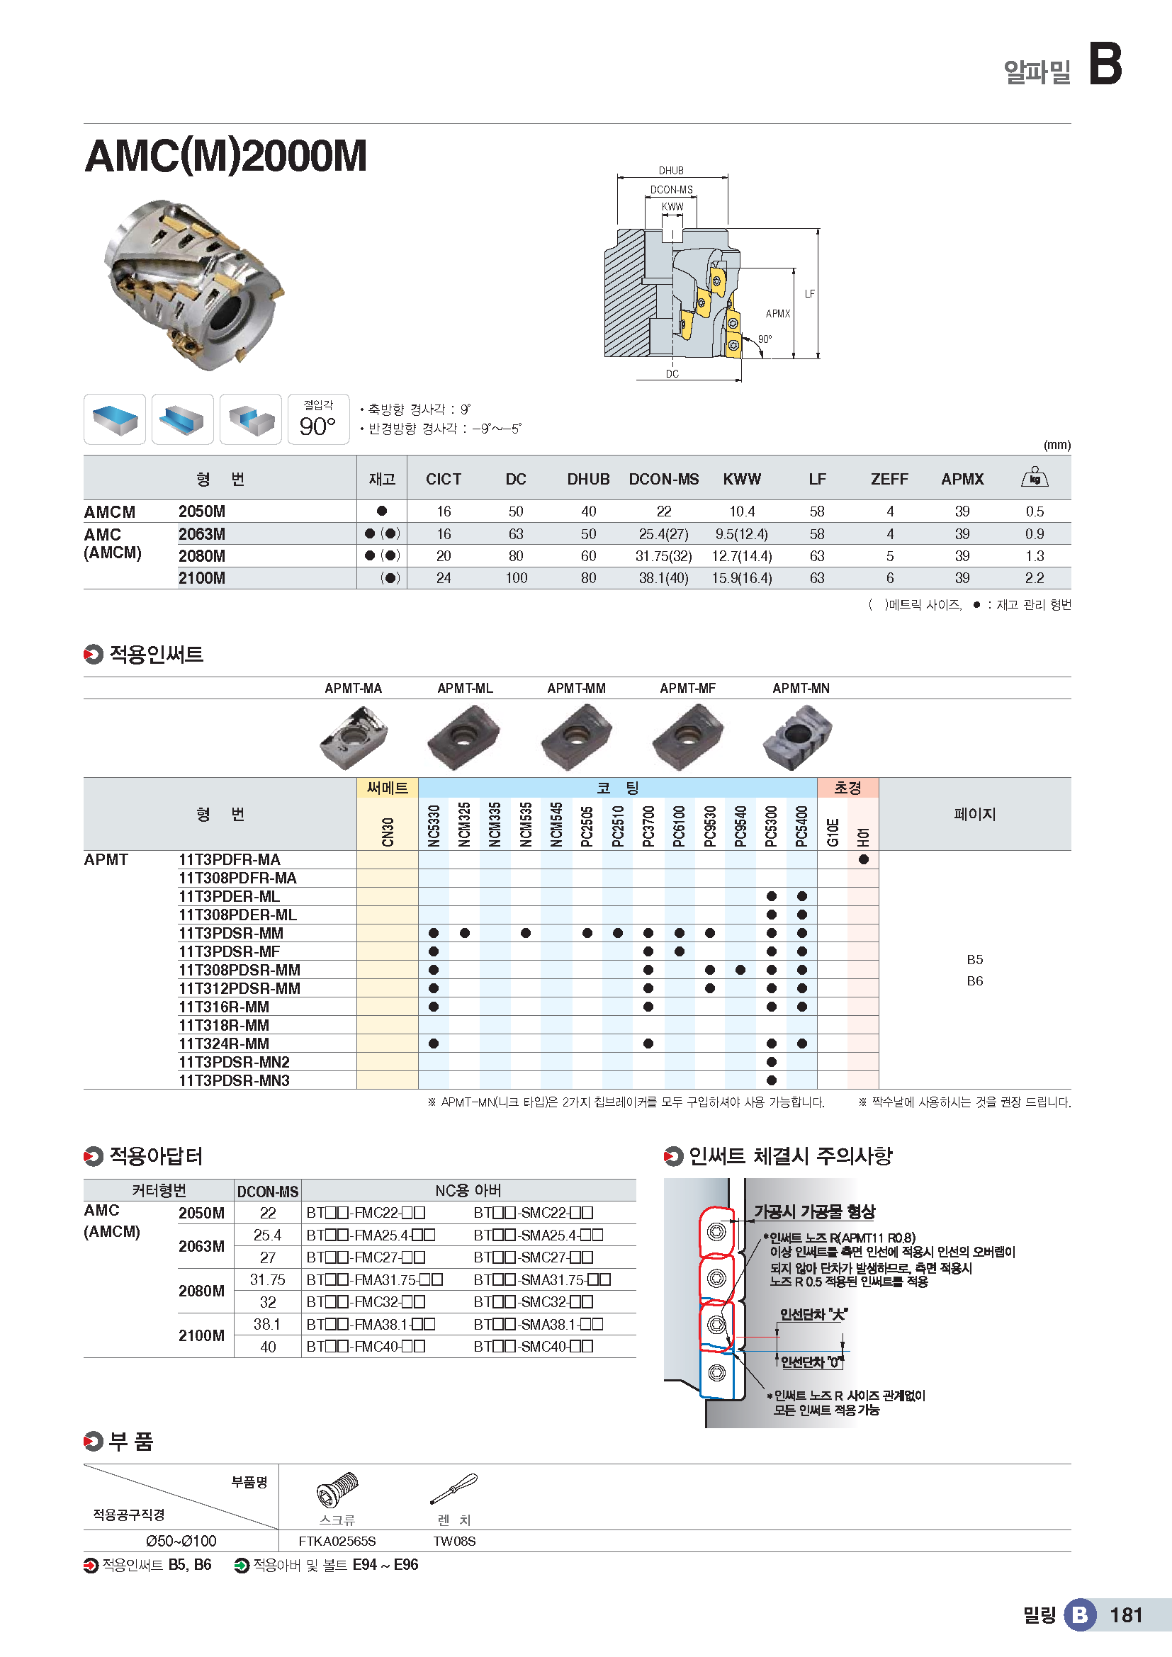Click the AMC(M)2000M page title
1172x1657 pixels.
pyautogui.click(x=226, y=156)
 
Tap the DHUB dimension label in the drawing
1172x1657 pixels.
pyautogui.click(x=670, y=170)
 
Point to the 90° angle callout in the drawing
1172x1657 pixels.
pyautogui.click(x=765, y=339)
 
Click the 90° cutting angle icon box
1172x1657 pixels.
pyautogui.click(x=318, y=419)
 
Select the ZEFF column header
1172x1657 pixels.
pyautogui.click(x=889, y=479)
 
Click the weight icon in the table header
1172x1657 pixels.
pyautogui.click(x=1034, y=477)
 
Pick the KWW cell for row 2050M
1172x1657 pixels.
pyautogui.click(x=741, y=511)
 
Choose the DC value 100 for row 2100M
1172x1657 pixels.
pyautogui.click(x=516, y=578)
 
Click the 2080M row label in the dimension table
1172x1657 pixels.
pyautogui.click(x=202, y=556)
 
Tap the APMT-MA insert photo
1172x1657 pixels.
pyautogui.click(x=354, y=736)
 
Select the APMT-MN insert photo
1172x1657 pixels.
pyautogui.click(x=797, y=736)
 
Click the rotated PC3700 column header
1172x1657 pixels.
pyautogui.click(x=648, y=825)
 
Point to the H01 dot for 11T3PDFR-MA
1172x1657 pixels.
pyautogui.click(x=863, y=859)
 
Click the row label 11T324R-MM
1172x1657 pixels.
pyautogui.click(x=224, y=1044)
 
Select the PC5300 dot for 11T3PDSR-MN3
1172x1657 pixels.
pyautogui.click(x=772, y=1080)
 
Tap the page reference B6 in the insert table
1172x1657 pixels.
pyautogui.click(x=974, y=980)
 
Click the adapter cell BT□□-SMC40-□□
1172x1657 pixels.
pyautogui.click(x=534, y=1347)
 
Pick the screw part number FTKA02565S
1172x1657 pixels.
pyautogui.click(x=337, y=1541)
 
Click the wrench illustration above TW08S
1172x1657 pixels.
pyautogui.click(x=454, y=1488)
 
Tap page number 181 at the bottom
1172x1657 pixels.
pyautogui.click(x=1126, y=1614)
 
